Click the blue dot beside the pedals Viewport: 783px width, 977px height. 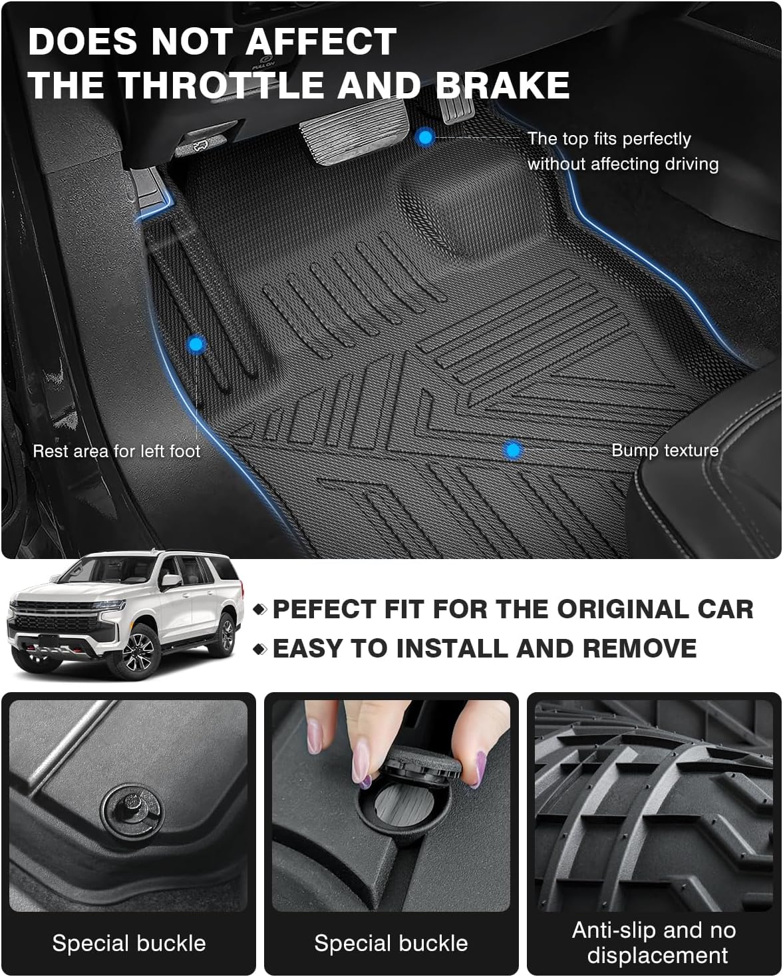(x=425, y=138)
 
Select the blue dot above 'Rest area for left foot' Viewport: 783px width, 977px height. (x=196, y=344)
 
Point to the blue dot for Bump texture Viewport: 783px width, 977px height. (x=512, y=450)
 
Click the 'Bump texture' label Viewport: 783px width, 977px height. (x=665, y=450)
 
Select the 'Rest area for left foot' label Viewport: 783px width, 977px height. (x=116, y=451)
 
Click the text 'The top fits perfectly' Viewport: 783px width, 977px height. (x=609, y=138)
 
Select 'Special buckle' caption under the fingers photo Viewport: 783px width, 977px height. (x=391, y=942)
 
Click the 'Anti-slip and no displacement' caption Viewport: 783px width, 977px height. (x=654, y=942)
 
